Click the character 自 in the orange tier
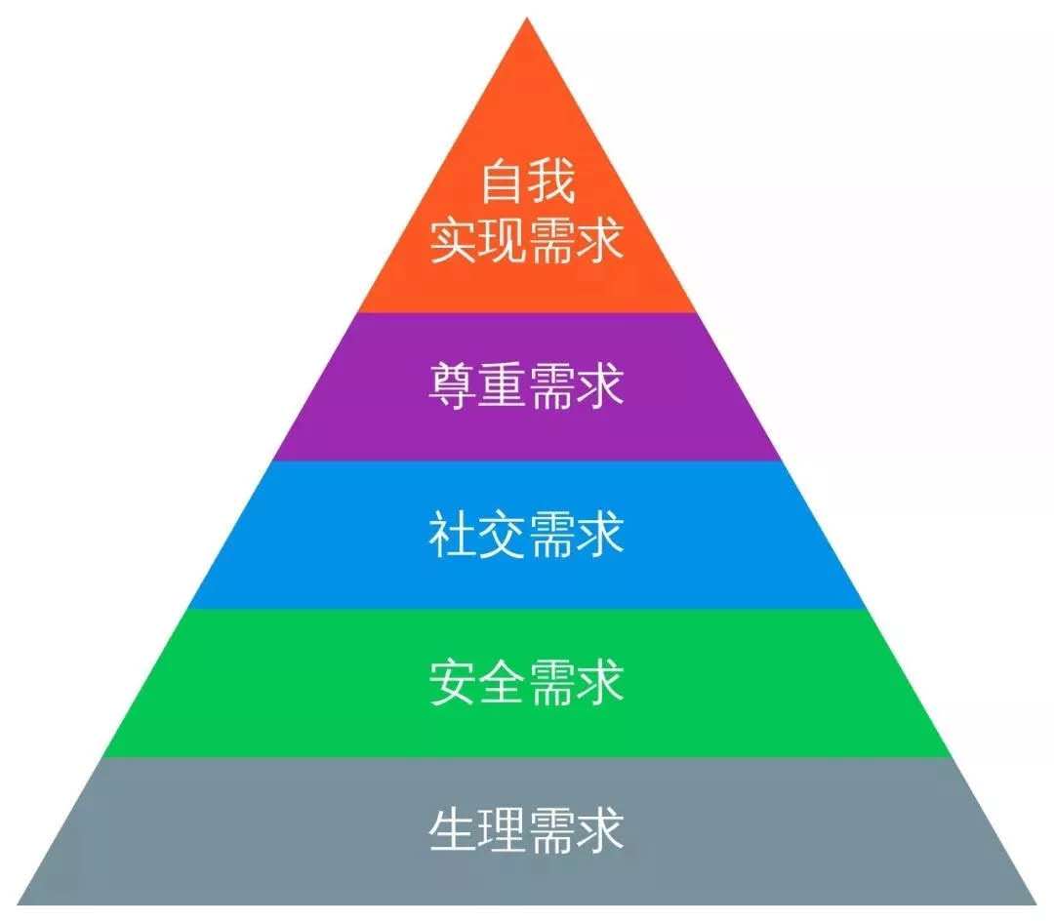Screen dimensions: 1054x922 point(503,180)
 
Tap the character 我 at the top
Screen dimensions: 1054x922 point(551,180)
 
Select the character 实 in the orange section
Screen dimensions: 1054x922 point(453,240)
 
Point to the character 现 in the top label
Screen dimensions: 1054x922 point(503,240)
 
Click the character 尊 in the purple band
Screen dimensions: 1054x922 point(453,385)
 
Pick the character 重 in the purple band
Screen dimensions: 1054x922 point(503,385)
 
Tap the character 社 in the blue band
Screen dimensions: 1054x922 point(453,535)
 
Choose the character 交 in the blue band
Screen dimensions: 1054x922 point(503,535)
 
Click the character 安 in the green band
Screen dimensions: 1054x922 point(453,682)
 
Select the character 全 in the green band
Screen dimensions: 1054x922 point(503,682)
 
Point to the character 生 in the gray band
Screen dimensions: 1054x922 point(453,830)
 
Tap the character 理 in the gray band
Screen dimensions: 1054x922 point(503,830)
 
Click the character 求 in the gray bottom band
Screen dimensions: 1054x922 point(600,830)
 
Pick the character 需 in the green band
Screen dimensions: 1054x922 point(551,682)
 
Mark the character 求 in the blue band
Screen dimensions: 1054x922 point(600,535)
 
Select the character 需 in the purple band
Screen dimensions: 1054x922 point(551,385)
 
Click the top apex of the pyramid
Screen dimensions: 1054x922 point(527,19)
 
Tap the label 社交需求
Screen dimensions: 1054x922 point(527,535)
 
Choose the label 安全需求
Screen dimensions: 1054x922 point(527,682)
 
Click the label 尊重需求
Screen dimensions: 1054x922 point(527,385)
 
